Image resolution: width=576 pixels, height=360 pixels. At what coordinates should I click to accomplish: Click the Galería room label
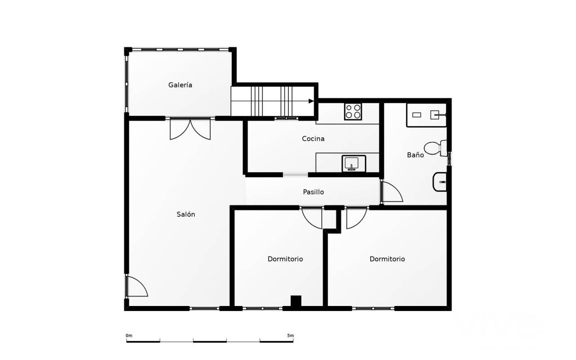pos(180,85)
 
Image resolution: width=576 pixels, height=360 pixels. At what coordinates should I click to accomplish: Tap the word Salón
pos(186,214)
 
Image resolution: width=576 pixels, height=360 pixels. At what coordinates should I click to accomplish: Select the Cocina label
pos(313,139)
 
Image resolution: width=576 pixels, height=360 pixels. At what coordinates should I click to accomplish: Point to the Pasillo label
pos(313,192)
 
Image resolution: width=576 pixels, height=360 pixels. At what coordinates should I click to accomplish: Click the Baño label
pos(415,155)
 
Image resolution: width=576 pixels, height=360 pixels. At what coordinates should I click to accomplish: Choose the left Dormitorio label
pos(285,259)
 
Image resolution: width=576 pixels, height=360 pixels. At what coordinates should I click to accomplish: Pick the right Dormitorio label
pos(387,259)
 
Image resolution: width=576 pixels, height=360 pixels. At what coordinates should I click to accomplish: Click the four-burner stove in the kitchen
pos(353,112)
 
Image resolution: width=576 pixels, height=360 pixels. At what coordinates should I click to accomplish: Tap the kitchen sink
pos(354,163)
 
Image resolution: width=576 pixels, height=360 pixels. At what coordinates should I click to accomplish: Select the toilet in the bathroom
pos(435,148)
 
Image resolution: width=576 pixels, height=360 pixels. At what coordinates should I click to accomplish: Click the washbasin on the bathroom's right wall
pos(440,182)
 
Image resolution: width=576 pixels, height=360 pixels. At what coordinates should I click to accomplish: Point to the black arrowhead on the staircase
pos(311,101)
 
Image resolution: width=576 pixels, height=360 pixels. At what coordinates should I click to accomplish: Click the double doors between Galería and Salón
pos(190,129)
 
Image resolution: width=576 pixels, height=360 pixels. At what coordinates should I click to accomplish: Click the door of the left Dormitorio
pos(312,217)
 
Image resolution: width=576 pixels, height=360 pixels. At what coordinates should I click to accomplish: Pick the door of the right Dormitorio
pos(357,217)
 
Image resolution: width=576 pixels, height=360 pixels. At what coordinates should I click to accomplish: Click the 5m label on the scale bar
pos(290,336)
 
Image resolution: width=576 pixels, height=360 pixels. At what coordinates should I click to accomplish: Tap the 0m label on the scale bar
pos(129,336)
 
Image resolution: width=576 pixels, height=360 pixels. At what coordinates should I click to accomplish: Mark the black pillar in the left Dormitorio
pos(296,301)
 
